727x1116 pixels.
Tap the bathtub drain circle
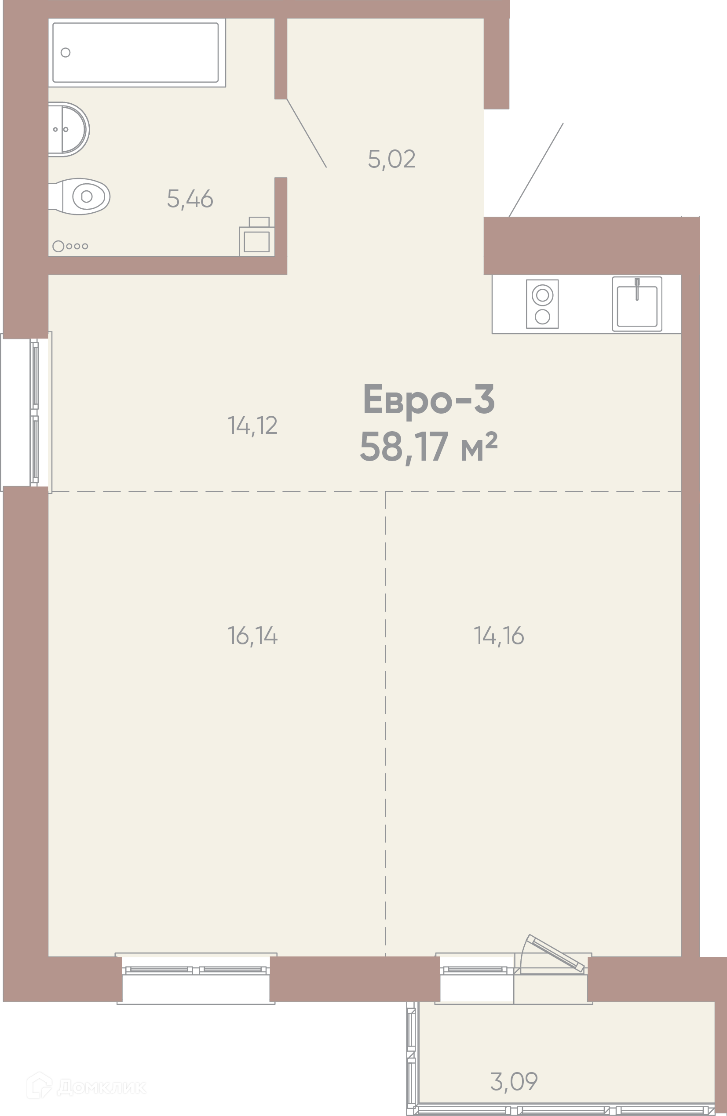click(66, 52)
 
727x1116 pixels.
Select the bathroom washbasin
click(69, 129)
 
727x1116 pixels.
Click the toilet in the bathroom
click(79, 196)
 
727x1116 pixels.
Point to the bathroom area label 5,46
click(190, 199)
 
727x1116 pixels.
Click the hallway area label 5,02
click(392, 159)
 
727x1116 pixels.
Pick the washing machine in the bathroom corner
click(257, 237)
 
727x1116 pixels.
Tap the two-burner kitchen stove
click(542, 304)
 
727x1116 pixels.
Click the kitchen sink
click(637, 304)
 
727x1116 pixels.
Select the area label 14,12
click(252, 425)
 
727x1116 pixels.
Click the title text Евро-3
click(429, 399)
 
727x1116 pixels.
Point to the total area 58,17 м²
click(428, 447)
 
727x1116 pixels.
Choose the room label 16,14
click(252, 636)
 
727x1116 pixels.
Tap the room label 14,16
click(499, 636)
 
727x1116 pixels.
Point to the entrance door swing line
click(536, 170)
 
